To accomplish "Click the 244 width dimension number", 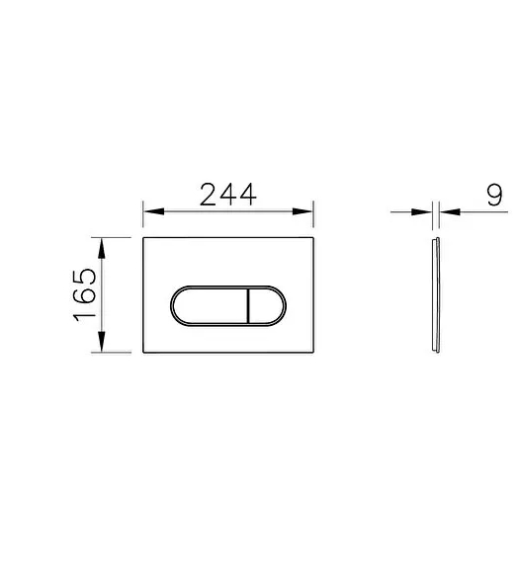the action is click(x=228, y=195).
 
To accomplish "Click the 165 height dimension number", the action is click(x=85, y=295).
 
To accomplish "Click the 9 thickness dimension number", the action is click(x=494, y=195).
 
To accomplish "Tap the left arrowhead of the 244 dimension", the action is click(x=153, y=211).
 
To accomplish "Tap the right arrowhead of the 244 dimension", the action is click(x=303, y=211).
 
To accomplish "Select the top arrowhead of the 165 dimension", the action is click(x=102, y=248).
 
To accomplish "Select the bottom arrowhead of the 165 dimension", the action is click(x=102, y=342).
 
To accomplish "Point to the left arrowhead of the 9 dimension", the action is click(x=422, y=211).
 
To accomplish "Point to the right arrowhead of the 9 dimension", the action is click(x=450, y=211).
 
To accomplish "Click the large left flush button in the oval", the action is click(x=211, y=306).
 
